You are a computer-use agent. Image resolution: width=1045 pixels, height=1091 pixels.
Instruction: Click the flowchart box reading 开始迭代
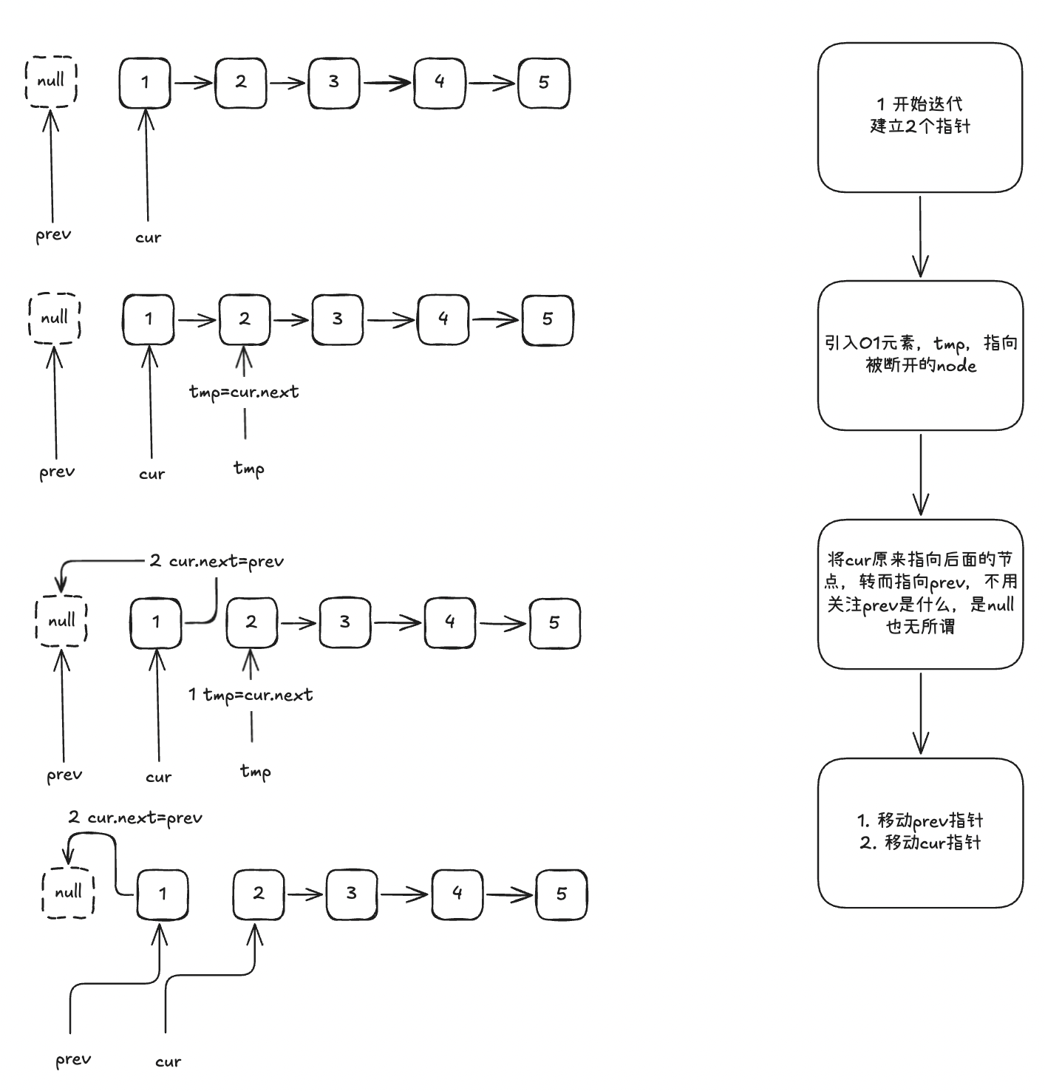[x=919, y=117]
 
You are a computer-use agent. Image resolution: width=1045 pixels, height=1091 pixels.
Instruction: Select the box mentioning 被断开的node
[x=920, y=355]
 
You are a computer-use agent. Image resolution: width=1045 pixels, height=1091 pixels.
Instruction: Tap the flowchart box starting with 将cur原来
[x=920, y=594]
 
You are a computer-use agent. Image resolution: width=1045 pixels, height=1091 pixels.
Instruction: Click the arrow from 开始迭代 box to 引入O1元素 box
[x=920, y=237]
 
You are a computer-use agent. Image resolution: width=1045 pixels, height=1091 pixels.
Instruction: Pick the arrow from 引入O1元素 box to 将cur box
[x=921, y=475]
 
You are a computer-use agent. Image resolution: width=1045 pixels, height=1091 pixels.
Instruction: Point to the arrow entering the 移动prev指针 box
[x=921, y=713]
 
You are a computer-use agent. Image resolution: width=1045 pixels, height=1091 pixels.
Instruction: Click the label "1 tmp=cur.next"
[x=251, y=695]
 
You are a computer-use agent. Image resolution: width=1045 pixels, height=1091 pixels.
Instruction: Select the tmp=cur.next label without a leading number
[x=245, y=392]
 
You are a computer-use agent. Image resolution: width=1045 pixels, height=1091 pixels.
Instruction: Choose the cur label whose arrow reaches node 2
[x=168, y=1061]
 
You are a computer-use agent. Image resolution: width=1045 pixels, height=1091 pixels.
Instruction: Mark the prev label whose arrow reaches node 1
[x=73, y=1059]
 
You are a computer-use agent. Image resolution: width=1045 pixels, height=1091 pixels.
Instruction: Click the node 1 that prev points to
[x=163, y=894]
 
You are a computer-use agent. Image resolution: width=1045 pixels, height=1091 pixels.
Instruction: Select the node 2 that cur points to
[x=258, y=894]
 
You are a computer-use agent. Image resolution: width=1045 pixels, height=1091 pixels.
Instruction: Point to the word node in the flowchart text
[x=956, y=366]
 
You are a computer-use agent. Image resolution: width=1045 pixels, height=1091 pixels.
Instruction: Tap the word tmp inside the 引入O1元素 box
[x=950, y=344]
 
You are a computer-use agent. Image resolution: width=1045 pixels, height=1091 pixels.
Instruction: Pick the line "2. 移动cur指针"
[x=920, y=843]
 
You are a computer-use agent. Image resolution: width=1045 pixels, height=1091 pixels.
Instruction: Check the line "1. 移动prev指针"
[x=920, y=820]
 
